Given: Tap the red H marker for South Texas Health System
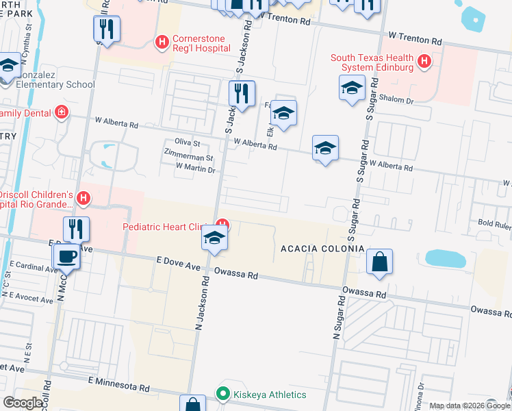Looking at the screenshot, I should pyautogui.click(x=424, y=62).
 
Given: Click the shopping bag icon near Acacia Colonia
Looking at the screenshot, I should pyautogui.click(x=379, y=262).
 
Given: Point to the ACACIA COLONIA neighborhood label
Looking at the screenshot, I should pyautogui.click(x=321, y=248).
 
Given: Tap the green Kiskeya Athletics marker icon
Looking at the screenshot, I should pyautogui.click(x=222, y=394).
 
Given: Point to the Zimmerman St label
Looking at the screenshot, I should pyautogui.click(x=181, y=158).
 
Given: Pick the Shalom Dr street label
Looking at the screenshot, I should pyautogui.click(x=401, y=101).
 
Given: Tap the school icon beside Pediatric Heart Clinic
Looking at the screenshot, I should pyautogui.click(x=214, y=238).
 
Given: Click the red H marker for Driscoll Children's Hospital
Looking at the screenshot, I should pyautogui.click(x=84, y=199).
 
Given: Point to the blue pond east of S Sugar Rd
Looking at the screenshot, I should pyautogui.click(x=445, y=258).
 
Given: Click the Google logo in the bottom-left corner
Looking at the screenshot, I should pyautogui.click(x=23, y=403).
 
